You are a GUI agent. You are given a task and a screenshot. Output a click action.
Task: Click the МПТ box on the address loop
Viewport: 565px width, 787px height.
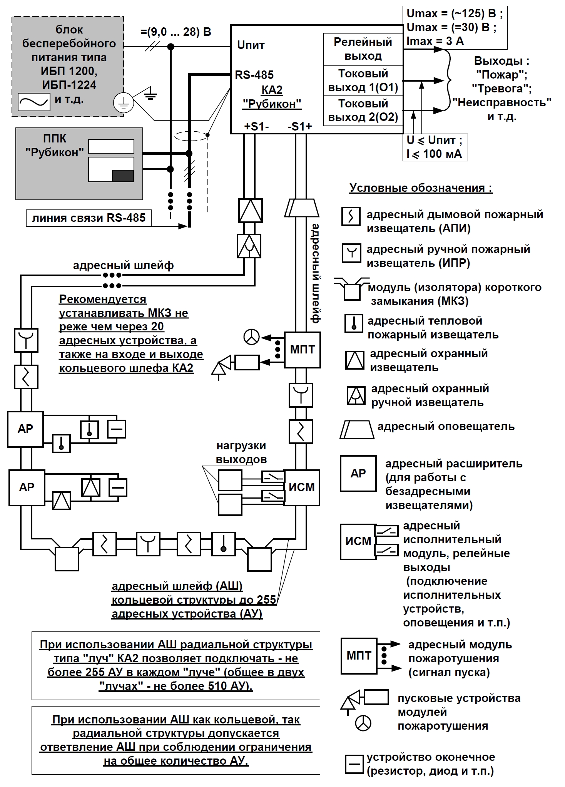point(303,350)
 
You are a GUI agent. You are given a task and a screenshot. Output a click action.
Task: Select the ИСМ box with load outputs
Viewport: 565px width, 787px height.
point(302,487)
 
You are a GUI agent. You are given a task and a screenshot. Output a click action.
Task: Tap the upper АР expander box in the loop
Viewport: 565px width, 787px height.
point(25,429)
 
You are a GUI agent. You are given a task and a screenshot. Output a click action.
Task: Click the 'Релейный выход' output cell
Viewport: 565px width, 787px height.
point(363,49)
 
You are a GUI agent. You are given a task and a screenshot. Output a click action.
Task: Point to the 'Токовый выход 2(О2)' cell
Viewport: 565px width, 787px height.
point(363,111)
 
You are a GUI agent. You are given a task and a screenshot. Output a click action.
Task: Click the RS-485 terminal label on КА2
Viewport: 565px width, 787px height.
point(254,75)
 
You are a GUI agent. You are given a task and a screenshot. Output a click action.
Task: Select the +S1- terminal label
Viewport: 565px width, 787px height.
point(256,126)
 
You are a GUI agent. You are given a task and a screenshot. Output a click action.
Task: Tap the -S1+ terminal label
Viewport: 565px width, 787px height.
point(300,126)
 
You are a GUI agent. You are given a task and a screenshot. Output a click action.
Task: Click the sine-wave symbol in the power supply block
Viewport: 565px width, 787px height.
point(34,102)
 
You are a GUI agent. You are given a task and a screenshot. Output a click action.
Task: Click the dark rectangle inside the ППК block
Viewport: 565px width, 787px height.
point(123,176)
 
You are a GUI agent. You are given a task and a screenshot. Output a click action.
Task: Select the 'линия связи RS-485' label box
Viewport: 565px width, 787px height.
point(89,218)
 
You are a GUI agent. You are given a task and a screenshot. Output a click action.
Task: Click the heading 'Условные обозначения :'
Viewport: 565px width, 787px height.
point(421,188)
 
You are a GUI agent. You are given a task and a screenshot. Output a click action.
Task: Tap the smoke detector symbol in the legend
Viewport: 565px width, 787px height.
point(351,216)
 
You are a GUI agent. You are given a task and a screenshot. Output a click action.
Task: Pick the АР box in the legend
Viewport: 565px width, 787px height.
point(358,473)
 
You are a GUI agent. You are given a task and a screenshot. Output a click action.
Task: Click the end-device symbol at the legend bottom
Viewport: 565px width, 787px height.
point(354,764)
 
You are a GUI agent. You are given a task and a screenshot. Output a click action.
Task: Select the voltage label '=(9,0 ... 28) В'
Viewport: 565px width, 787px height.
point(176,32)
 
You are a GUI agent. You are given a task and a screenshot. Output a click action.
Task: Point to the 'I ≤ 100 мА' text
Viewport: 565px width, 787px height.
point(434,154)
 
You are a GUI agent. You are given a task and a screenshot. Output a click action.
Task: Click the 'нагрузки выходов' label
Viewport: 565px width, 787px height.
point(241,452)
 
